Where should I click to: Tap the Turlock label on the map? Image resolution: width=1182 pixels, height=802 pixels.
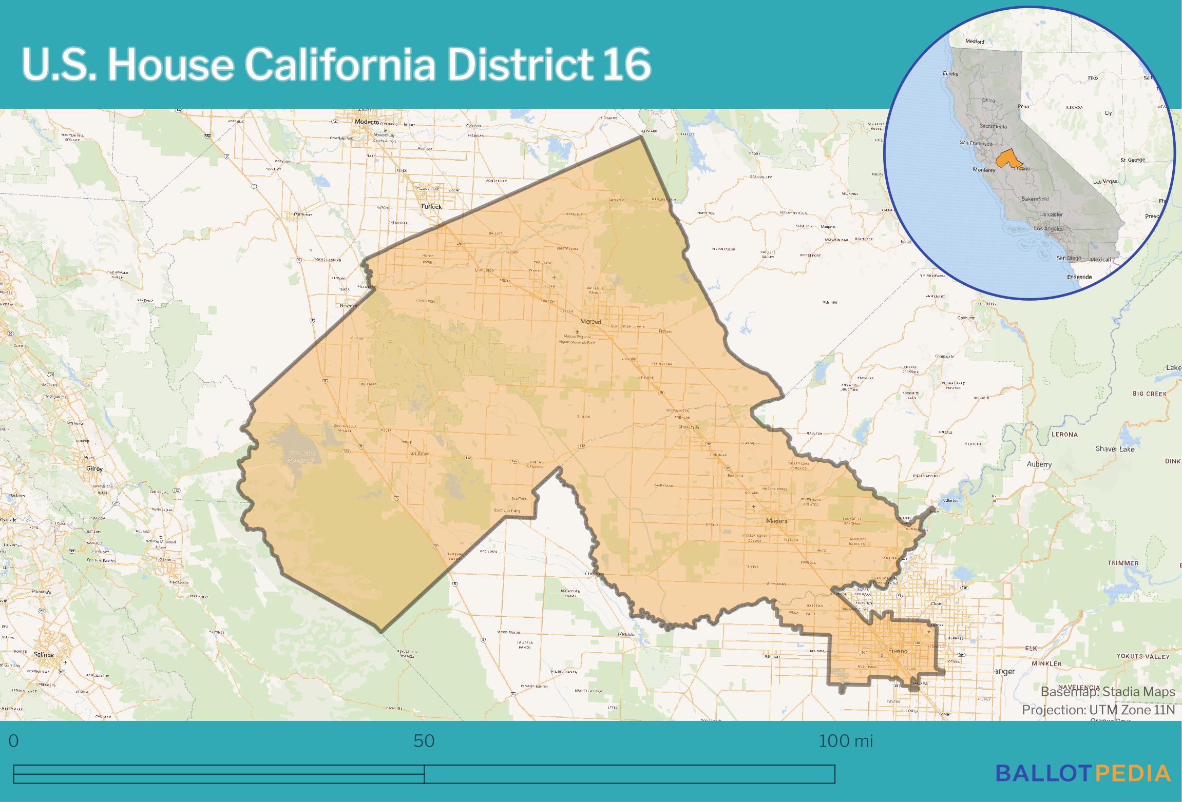431,207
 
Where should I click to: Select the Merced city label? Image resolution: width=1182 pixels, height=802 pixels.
590,322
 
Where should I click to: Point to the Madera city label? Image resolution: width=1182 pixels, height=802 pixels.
776,521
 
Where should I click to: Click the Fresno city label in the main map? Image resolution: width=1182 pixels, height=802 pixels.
898,651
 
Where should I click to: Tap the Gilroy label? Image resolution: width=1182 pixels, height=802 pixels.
94,469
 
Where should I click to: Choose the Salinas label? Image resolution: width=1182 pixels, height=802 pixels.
43,655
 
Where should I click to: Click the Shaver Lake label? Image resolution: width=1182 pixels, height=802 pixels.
1115,449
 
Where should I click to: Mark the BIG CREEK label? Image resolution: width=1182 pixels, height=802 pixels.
1149,394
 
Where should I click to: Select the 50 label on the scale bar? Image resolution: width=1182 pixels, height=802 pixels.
424,741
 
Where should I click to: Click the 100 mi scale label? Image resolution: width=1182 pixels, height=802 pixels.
845,741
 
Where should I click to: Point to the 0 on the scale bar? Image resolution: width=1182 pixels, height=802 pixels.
14,741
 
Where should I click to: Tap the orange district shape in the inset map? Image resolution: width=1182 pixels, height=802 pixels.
1007,159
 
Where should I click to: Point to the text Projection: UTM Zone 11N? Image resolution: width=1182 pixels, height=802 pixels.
1098,710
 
